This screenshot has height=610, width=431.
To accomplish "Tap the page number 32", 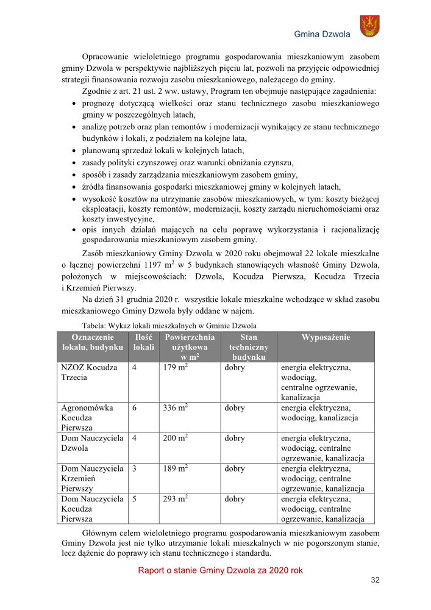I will [375, 580].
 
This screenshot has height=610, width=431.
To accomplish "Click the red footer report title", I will [220, 570].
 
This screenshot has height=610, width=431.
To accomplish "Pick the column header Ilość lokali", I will [143, 342].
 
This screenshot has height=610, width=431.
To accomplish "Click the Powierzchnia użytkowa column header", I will [190, 346].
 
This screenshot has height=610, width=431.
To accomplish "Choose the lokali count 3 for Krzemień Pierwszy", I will [134, 468].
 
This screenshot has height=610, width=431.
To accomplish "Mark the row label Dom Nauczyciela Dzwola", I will [92, 443].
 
